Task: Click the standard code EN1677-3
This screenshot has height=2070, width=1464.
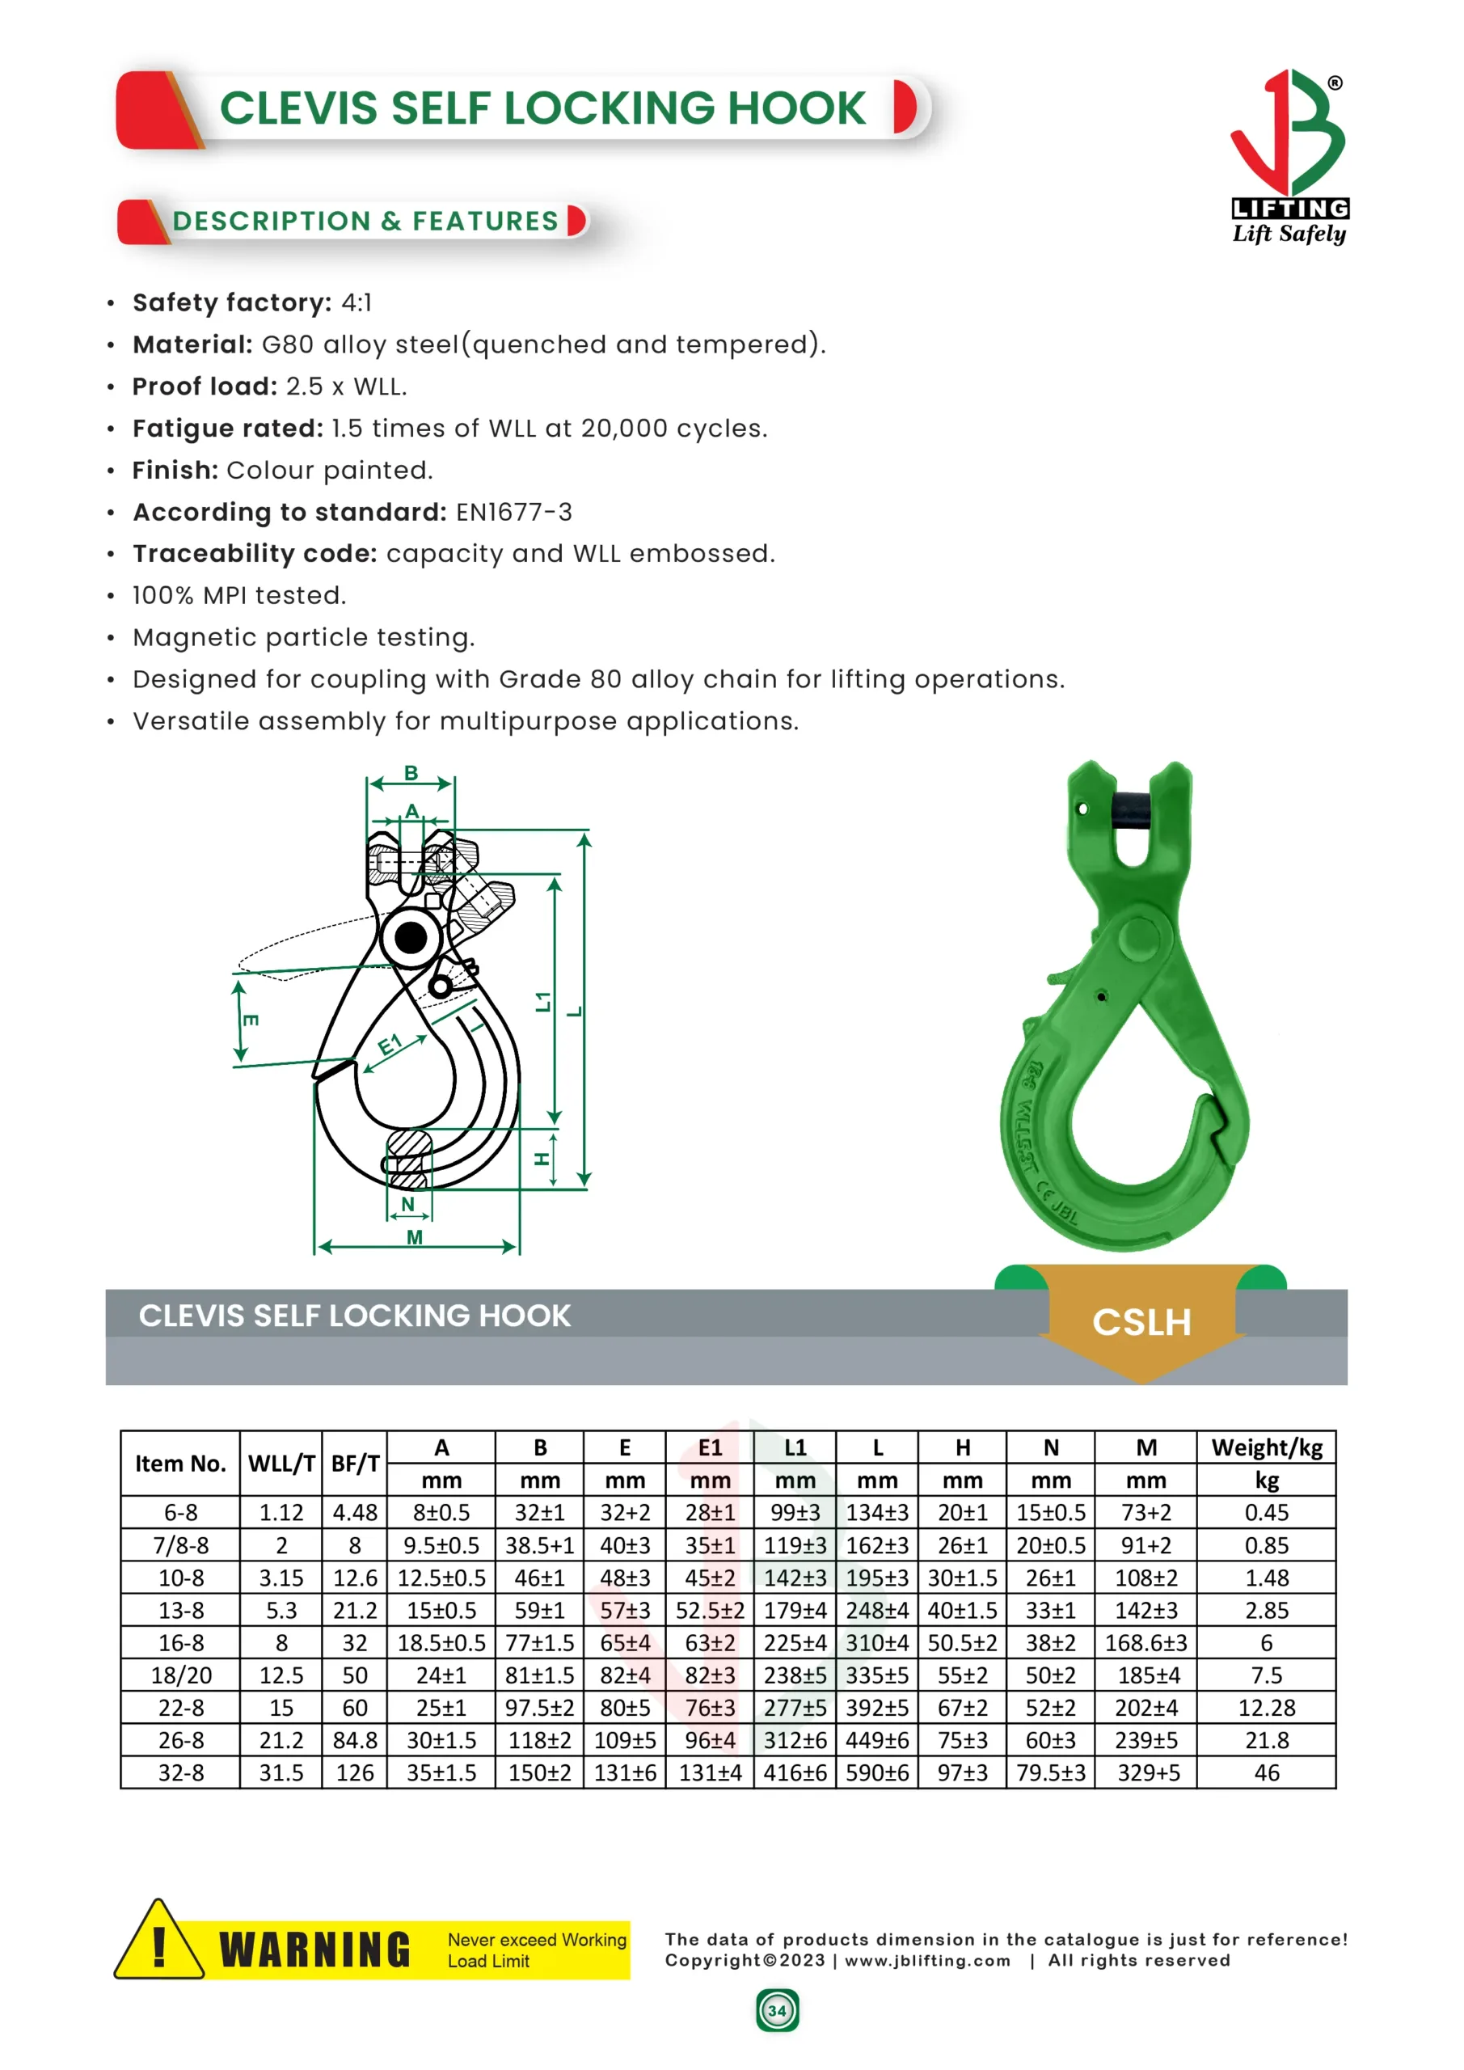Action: (x=514, y=512)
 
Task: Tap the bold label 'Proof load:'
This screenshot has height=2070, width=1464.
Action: (x=205, y=387)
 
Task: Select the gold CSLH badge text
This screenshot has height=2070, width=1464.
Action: (x=1141, y=1322)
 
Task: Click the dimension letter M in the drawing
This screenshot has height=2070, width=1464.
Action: (x=415, y=1237)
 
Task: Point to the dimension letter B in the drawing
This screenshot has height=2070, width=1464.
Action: (x=411, y=773)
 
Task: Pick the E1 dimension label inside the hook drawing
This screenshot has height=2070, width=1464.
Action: (x=390, y=1046)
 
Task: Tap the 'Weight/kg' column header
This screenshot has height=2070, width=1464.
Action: (x=1266, y=1447)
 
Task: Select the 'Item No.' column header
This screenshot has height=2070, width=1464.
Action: (x=180, y=1464)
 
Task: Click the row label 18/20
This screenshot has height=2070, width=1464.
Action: (x=180, y=1675)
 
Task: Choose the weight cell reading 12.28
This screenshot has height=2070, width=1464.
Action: (x=1266, y=1708)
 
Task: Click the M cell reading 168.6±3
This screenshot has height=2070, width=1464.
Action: (x=1145, y=1642)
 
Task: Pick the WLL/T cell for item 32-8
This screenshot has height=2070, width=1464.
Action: (x=281, y=1772)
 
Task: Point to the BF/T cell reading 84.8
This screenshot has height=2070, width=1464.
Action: (x=354, y=1740)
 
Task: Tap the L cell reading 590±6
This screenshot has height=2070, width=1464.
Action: (x=877, y=1772)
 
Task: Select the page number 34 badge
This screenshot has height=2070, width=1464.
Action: (x=777, y=2010)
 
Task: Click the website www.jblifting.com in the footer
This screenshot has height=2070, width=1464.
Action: (x=927, y=1960)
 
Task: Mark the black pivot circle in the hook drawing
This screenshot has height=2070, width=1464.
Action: (x=411, y=938)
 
